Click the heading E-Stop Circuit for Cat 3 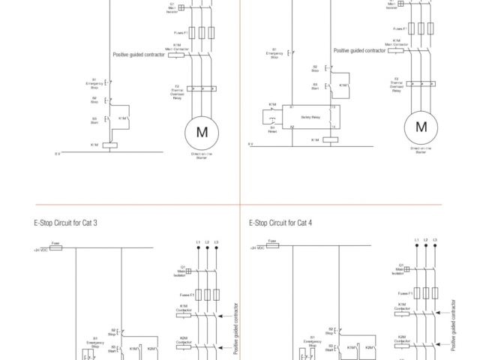(65, 223)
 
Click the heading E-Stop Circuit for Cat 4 (280, 223)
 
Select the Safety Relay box (310, 118)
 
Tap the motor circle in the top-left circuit (202, 132)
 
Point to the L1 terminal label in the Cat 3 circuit (198, 241)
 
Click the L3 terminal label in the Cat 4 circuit (435, 240)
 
